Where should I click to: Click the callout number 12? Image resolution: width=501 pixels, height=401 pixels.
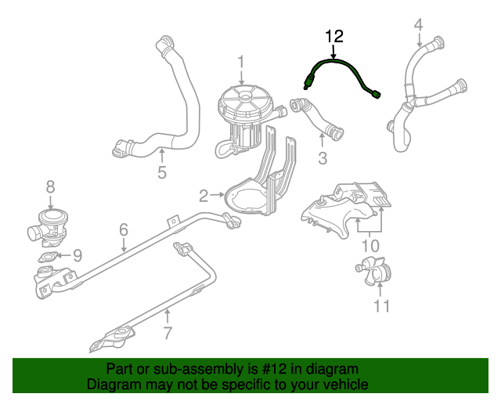pos(334,36)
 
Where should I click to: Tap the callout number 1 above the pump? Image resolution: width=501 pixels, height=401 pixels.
pos(242,61)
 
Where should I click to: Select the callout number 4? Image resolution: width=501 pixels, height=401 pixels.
pos(418,25)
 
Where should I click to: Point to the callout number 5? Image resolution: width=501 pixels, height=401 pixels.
pos(162,172)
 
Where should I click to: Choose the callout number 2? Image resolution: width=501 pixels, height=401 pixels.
pos(202,195)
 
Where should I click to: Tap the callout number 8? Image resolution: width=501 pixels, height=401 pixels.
pos(50,186)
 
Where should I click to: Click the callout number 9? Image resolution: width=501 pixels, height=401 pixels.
pos(77,255)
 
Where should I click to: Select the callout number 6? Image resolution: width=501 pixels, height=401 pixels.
pos(124,230)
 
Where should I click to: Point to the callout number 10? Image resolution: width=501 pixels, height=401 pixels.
pos(369,246)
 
